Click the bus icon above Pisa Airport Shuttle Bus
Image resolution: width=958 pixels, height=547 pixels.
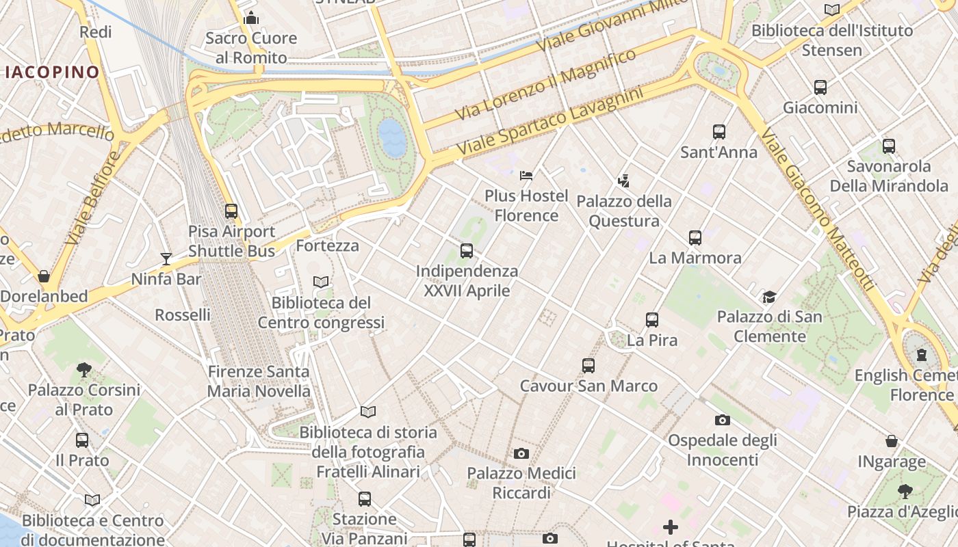coord(231,211)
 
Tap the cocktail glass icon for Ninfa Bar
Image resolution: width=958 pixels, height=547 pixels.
coord(166,258)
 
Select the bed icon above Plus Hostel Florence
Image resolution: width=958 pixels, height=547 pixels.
coord(526,176)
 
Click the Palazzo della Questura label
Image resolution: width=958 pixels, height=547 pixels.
coord(624,211)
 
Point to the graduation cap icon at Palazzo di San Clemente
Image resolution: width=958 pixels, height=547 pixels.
coord(770,297)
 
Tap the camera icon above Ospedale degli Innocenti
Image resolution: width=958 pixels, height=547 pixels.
coord(722,420)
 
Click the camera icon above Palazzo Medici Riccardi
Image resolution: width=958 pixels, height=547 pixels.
coord(521,453)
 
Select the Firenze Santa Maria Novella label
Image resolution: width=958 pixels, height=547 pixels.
coord(259,382)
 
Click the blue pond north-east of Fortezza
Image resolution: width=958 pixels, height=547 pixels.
coord(393,137)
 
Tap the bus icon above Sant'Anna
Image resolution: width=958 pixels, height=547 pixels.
coord(718,132)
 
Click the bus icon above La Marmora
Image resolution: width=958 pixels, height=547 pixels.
coord(695,238)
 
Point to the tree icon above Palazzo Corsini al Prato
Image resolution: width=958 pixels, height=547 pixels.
coord(84,370)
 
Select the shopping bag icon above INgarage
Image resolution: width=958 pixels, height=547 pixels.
coord(892,442)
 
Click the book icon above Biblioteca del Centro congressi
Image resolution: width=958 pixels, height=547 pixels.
coord(321,282)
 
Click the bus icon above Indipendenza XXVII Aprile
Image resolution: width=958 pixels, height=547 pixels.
coord(467,251)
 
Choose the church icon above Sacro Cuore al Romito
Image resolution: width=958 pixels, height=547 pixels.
coord(251,18)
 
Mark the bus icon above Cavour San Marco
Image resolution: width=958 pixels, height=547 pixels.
coord(588,366)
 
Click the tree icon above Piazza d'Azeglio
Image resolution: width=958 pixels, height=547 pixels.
coord(905,491)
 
